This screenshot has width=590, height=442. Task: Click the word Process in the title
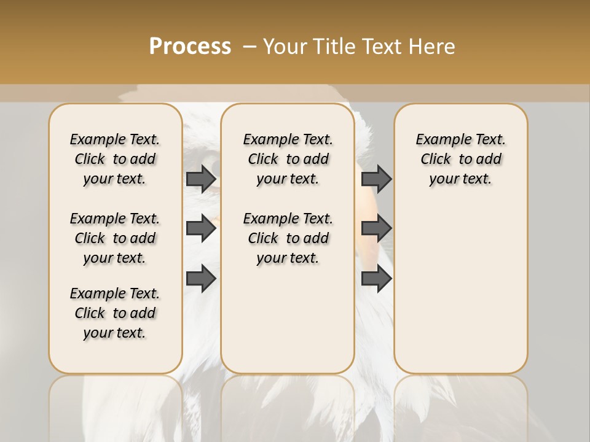[190, 46]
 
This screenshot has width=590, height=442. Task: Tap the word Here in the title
[433, 47]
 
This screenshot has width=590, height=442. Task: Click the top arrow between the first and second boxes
[201, 179]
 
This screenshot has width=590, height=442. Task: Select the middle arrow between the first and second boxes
[201, 228]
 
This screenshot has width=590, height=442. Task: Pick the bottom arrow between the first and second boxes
[201, 279]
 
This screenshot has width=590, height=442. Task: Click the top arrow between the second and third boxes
[376, 179]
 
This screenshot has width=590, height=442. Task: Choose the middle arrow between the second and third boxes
[376, 228]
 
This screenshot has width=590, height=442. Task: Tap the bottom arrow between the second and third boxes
[376, 279]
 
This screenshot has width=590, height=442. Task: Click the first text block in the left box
[115, 159]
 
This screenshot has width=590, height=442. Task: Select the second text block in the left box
[115, 238]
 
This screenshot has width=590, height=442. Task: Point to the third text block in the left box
[115, 313]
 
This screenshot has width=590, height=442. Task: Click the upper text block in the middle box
[288, 159]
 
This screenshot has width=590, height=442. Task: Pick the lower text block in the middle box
[288, 238]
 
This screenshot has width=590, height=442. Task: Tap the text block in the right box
[461, 159]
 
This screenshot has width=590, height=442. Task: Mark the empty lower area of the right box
[461, 282]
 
